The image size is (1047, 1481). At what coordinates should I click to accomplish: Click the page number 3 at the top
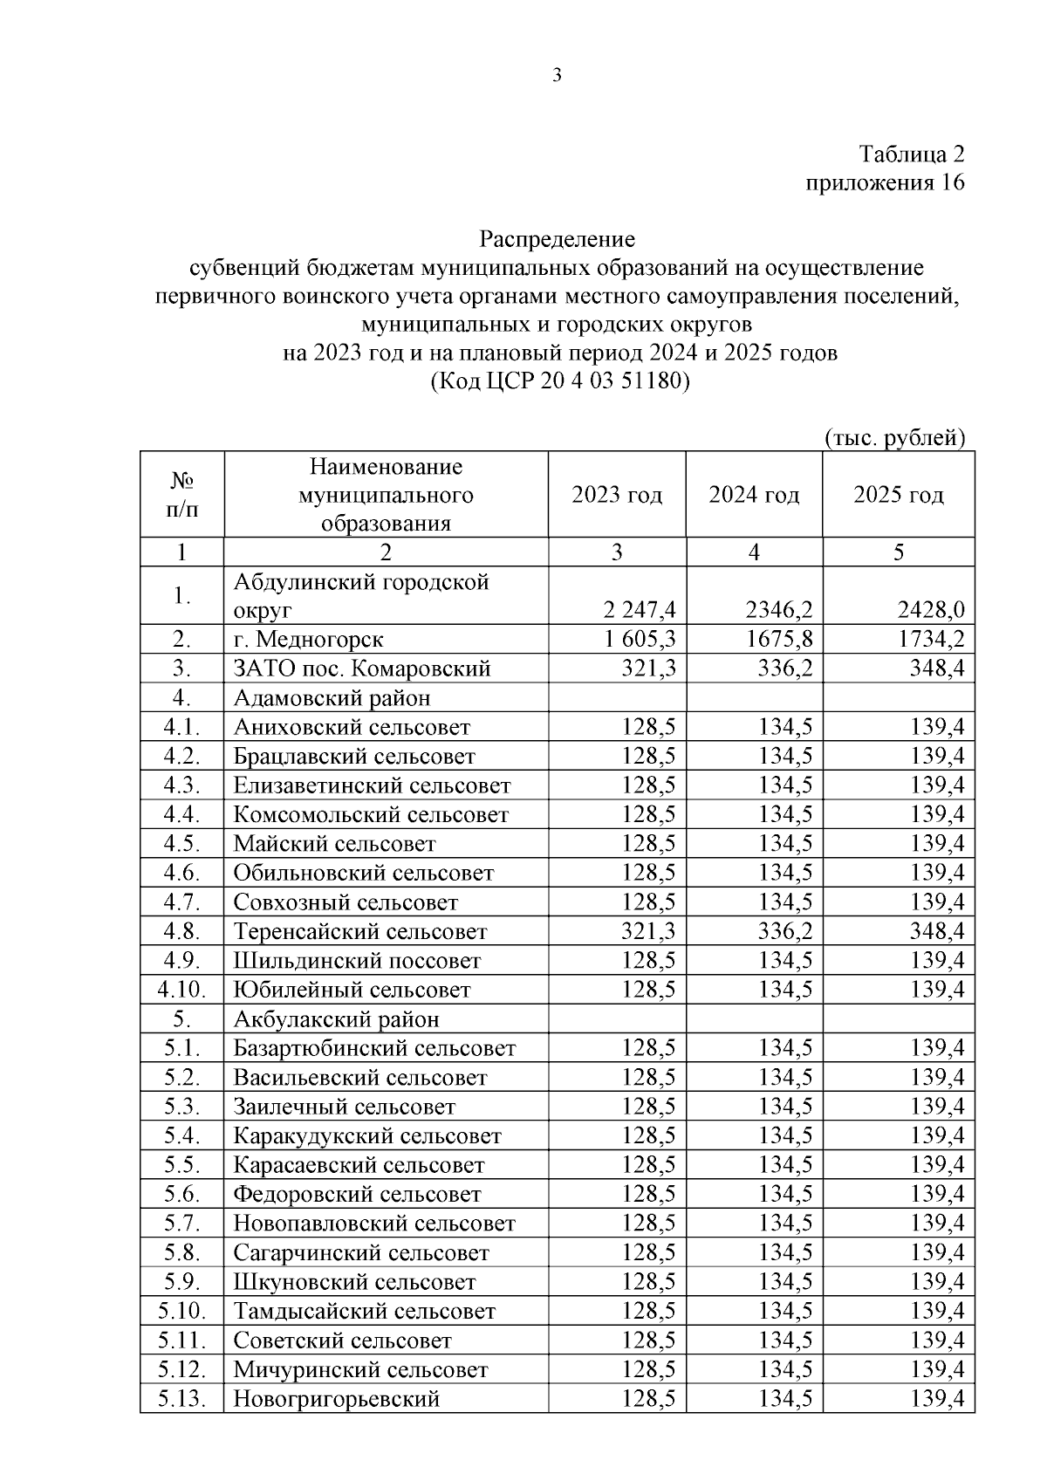[558, 75]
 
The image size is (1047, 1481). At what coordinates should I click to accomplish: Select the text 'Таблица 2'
[912, 154]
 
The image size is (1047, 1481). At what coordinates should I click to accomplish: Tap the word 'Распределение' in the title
[557, 238]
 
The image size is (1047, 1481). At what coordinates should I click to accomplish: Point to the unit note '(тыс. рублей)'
[895, 438]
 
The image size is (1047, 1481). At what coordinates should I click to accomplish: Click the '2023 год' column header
[617, 495]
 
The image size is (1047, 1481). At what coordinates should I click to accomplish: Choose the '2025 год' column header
[898, 495]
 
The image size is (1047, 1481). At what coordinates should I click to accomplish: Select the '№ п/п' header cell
[181, 495]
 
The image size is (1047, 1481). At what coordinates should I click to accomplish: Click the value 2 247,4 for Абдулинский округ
[639, 609]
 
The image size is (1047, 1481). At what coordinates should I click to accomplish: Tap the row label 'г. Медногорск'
[308, 640]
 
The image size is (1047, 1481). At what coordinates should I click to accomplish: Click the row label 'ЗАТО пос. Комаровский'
[362, 669]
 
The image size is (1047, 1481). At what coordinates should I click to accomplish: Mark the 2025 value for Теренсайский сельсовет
[937, 931]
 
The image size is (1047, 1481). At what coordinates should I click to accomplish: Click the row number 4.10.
[181, 990]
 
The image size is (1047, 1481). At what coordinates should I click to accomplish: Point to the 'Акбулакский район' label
[336, 1019]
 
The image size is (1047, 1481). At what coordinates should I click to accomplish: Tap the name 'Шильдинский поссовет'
[357, 961]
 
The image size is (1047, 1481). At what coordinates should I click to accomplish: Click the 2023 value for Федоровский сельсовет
[648, 1194]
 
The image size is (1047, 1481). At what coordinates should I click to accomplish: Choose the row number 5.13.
[181, 1399]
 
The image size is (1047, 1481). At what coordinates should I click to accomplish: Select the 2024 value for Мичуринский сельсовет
[785, 1369]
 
